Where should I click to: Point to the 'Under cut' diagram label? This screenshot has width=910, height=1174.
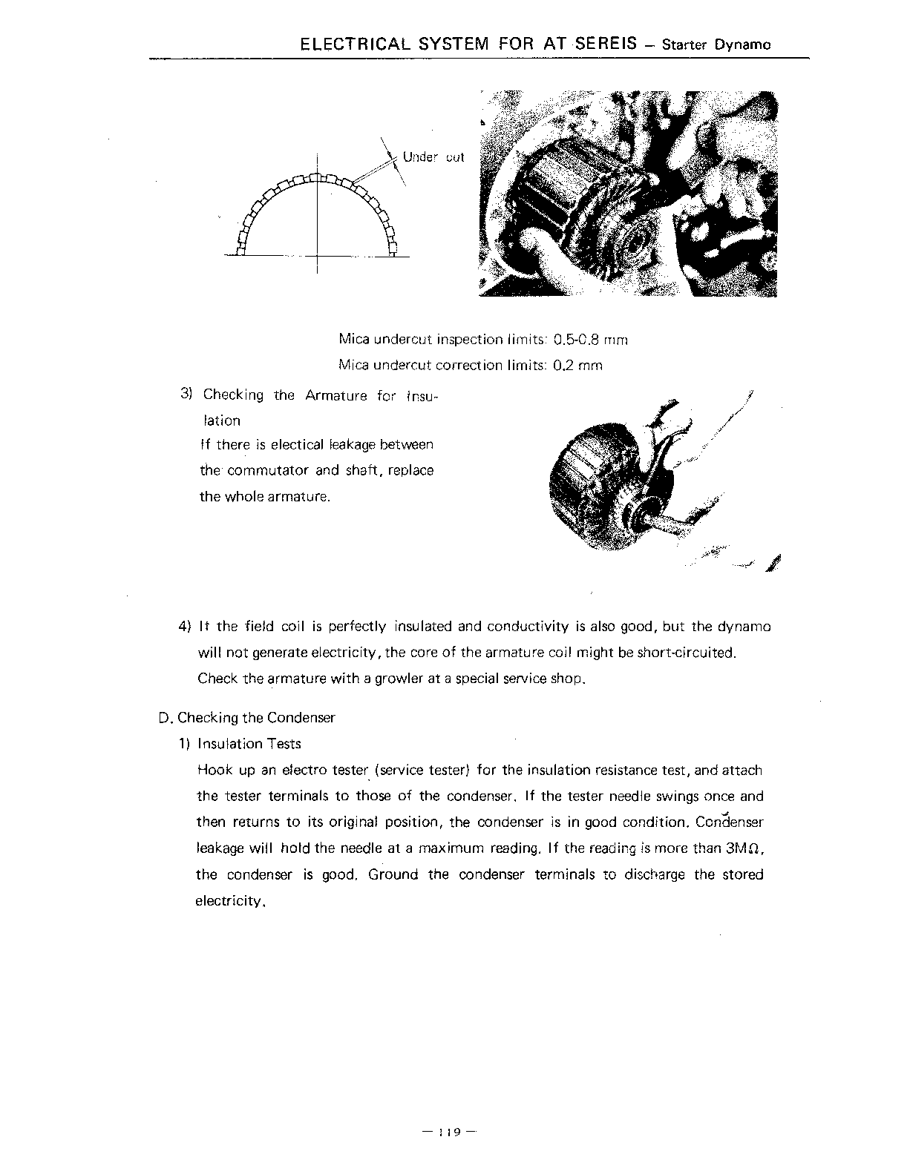(433, 157)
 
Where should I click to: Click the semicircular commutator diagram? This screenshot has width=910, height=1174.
(317, 215)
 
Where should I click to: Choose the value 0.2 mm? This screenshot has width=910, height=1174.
(578, 366)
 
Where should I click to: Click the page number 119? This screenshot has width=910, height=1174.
(449, 1132)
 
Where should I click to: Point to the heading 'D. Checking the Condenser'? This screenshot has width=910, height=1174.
(246, 718)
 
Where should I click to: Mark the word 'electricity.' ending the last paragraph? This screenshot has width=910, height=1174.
(230, 902)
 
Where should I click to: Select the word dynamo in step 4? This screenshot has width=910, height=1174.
(744, 627)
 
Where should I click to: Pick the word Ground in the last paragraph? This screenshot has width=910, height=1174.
(393, 875)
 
